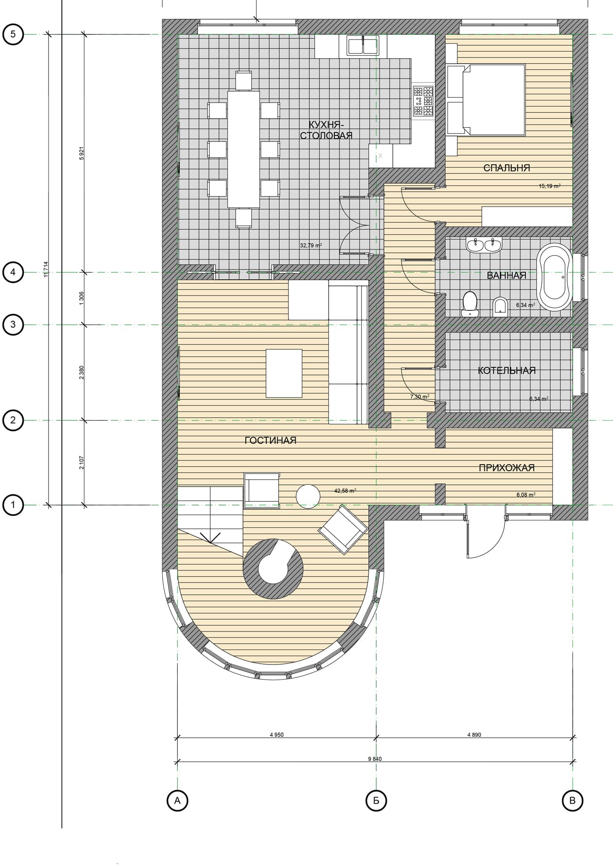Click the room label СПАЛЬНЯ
click(506, 168)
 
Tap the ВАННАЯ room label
click(506, 275)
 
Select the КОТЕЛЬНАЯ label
click(506, 371)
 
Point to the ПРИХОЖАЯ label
click(506, 468)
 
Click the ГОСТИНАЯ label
click(270, 441)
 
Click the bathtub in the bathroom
click(555, 277)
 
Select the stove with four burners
click(423, 101)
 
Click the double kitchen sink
click(363, 46)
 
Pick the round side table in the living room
click(308, 497)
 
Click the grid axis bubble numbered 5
click(13, 34)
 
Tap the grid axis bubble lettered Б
click(376, 800)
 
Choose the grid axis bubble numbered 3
click(13, 324)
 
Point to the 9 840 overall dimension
click(375, 759)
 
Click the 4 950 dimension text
click(277, 735)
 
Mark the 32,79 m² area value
click(311, 245)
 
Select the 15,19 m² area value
click(549, 186)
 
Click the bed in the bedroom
click(486, 100)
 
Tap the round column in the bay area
click(273, 568)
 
